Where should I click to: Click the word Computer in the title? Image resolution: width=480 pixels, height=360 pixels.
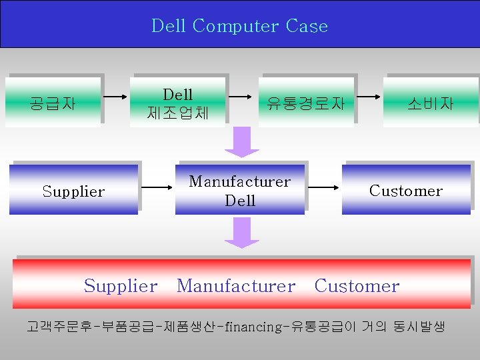point(235,27)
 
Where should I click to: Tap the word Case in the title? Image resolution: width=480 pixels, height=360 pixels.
point(307,27)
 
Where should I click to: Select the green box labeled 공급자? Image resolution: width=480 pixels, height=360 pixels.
point(53,103)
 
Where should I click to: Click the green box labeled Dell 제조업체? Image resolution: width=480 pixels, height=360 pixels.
point(178,103)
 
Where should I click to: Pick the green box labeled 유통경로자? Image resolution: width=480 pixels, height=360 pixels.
point(306,103)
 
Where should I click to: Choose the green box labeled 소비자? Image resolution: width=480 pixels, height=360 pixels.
point(431,103)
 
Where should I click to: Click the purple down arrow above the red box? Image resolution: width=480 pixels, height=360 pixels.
point(241,233)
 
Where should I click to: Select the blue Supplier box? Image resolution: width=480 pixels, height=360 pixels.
point(73,191)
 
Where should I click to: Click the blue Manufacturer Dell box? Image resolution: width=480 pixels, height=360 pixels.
point(240,191)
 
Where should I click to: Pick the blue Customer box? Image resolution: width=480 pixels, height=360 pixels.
point(406,191)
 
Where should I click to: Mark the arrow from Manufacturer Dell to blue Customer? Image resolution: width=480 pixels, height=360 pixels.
point(324,187)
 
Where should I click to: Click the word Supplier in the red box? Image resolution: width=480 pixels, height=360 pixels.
point(121,286)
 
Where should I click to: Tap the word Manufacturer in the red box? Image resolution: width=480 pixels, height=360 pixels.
point(236,286)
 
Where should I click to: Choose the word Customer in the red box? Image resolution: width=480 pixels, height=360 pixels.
point(357,286)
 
